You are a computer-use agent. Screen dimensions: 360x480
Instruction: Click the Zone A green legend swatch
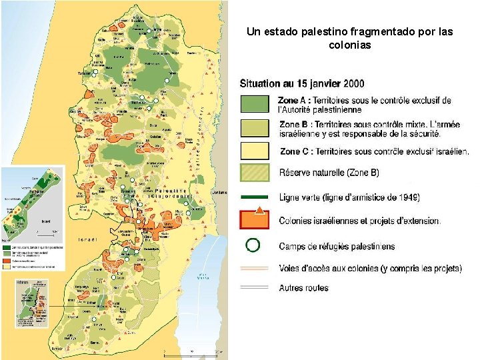click(x=254, y=103)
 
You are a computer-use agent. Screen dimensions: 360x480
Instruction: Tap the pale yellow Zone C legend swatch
click(x=254, y=151)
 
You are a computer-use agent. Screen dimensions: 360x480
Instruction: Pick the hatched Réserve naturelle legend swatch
click(x=254, y=173)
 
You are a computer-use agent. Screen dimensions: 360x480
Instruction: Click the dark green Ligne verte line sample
click(x=254, y=197)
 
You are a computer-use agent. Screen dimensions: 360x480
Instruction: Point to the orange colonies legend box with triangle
click(x=254, y=220)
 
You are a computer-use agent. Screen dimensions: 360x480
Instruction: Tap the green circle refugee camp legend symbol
click(x=253, y=245)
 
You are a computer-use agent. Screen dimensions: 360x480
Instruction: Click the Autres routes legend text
click(x=303, y=288)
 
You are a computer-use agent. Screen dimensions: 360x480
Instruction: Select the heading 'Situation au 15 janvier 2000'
click(x=302, y=84)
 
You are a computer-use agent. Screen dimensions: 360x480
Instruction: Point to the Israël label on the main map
click(x=88, y=239)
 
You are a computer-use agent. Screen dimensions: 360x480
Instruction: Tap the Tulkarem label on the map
click(x=85, y=73)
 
